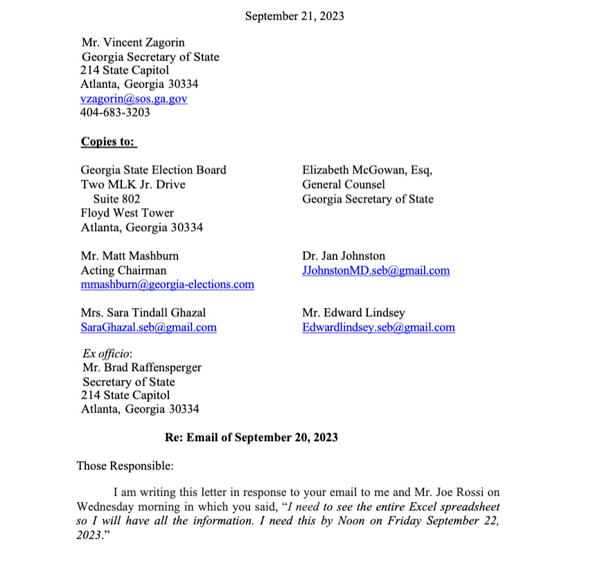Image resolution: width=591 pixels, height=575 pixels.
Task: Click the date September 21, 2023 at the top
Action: pos(294,15)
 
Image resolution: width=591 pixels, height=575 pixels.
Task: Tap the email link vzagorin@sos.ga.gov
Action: pos(134,99)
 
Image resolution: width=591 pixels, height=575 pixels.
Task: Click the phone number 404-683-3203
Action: pos(115,113)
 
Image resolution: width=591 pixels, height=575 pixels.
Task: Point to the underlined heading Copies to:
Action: pos(108,141)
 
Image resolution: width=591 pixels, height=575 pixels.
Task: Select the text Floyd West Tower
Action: pos(127,213)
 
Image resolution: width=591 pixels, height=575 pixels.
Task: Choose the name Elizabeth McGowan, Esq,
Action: pos(367,170)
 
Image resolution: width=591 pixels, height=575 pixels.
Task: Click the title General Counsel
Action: pos(343,184)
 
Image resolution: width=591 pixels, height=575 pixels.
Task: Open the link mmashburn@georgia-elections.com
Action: pos(167,284)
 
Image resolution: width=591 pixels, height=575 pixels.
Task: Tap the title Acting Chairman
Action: pos(123,271)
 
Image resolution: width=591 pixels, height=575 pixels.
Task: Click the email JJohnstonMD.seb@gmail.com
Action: pos(376,271)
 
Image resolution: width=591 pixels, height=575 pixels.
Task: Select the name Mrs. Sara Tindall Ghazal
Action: pos(143,313)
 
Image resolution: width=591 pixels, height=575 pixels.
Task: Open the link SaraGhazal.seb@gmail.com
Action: pos(148,327)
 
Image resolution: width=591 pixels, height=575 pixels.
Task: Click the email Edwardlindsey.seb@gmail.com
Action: pos(378,327)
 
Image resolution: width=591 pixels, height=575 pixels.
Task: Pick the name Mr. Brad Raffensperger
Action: pos(141,368)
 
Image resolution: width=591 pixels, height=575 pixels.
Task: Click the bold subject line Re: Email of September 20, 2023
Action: pos(251,438)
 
